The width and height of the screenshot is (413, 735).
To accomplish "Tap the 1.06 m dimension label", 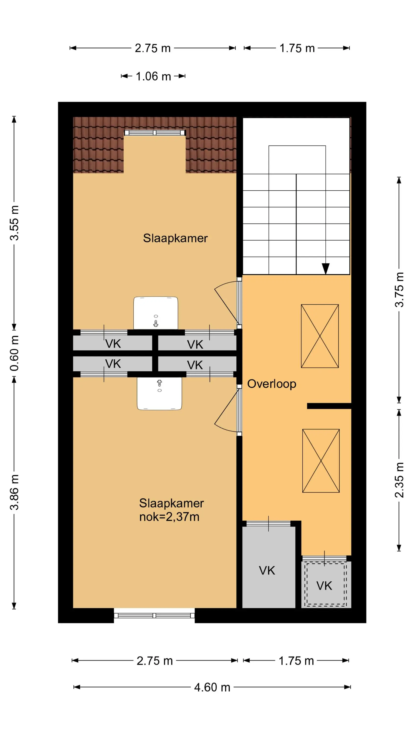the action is [153, 76].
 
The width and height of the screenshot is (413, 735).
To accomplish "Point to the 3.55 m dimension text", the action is [14, 222].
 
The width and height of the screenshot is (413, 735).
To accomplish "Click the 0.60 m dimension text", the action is [14, 353].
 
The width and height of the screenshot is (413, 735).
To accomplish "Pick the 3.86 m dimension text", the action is [14, 492].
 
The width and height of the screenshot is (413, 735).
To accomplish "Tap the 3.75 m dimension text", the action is [399, 290].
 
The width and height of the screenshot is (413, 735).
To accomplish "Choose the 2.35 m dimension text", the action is [399, 480].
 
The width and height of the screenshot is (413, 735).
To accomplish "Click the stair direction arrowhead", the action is [325, 269].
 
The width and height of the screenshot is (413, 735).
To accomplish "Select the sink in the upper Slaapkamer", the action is [156, 313].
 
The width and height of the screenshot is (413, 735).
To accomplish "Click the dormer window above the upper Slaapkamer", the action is [155, 133].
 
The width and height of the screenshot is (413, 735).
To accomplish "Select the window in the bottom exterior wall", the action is [154, 615].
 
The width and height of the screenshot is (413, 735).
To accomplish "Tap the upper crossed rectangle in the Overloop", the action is [320, 336].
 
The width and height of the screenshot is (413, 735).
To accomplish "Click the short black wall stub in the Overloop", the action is [329, 406].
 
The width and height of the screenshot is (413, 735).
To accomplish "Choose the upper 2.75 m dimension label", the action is [153, 48].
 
